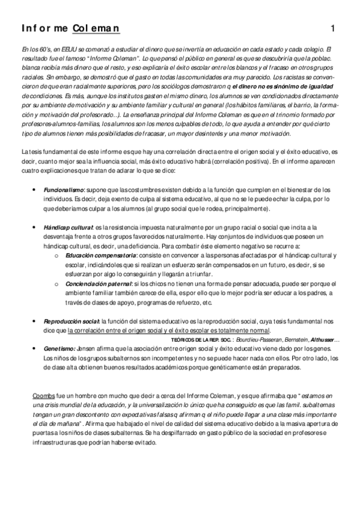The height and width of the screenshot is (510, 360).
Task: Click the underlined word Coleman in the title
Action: point(96,28)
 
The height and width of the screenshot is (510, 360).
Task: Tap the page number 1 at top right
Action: point(333,28)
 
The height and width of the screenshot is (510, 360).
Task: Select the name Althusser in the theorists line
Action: point(325,340)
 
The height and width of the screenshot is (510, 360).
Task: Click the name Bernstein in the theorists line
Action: point(291,340)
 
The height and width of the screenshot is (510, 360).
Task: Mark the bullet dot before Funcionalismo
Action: point(32,189)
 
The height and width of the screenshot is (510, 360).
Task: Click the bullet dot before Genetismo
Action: point(32,348)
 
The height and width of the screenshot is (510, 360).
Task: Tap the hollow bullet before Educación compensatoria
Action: point(56,256)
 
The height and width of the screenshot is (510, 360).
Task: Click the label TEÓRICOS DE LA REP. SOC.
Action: point(200,340)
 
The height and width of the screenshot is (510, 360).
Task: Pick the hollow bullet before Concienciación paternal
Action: point(56,283)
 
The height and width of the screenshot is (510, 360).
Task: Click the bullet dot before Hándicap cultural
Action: point(32,228)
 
